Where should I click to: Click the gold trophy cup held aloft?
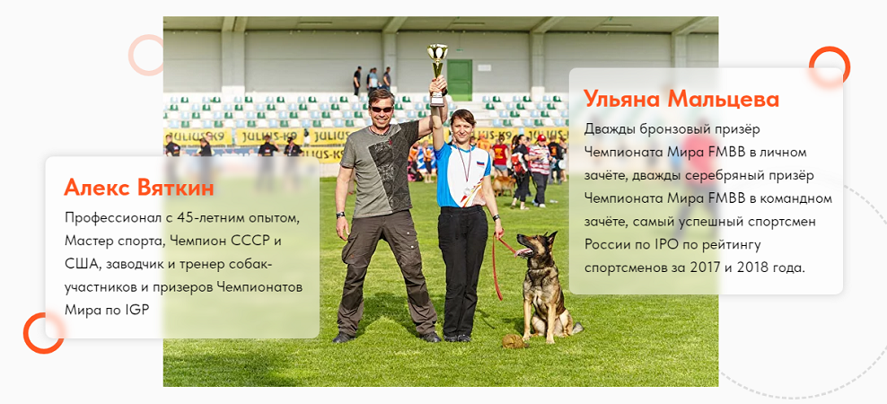[x=436, y=74]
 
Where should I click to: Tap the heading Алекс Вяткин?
[x=139, y=188]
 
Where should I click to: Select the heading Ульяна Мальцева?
[x=681, y=100]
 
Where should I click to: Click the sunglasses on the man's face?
[x=382, y=109]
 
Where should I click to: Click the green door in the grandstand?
[x=460, y=80]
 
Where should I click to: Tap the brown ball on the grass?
[x=512, y=341]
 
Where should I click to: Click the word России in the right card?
[x=605, y=245]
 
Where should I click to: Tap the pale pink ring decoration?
[x=147, y=55]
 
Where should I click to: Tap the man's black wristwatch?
[x=340, y=215]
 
